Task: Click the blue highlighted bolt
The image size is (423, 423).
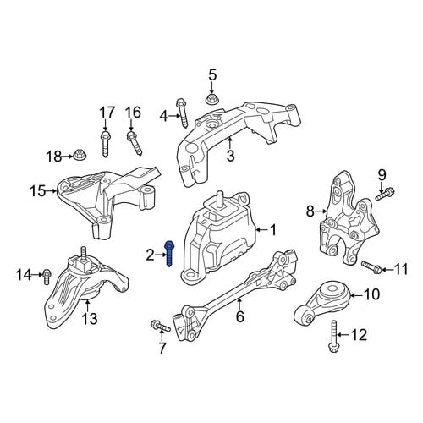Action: click(169, 254)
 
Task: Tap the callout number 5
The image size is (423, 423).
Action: click(212, 75)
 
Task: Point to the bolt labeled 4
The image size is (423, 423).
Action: click(182, 113)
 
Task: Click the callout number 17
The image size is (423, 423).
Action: click(107, 113)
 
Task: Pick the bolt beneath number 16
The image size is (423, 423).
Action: click(135, 144)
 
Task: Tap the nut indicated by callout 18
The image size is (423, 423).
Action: click(80, 155)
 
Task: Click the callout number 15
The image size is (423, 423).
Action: click(38, 191)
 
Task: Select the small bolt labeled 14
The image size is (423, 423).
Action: click(47, 277)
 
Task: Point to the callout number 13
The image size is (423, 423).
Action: click(90, 319)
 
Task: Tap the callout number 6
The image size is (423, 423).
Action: click(239, 316)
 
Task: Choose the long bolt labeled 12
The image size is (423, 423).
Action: click(333, 337)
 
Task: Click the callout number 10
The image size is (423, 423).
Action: click(372, 294)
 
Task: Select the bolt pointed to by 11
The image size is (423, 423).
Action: click(372, 267)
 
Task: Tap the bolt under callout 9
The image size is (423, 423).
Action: click(385, 195)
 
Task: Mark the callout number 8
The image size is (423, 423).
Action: click(310, 211)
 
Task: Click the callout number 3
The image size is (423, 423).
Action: click(231, 156)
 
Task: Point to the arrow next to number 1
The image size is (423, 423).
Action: click(261, 230)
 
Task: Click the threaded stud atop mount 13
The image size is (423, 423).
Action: click(84, 252)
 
